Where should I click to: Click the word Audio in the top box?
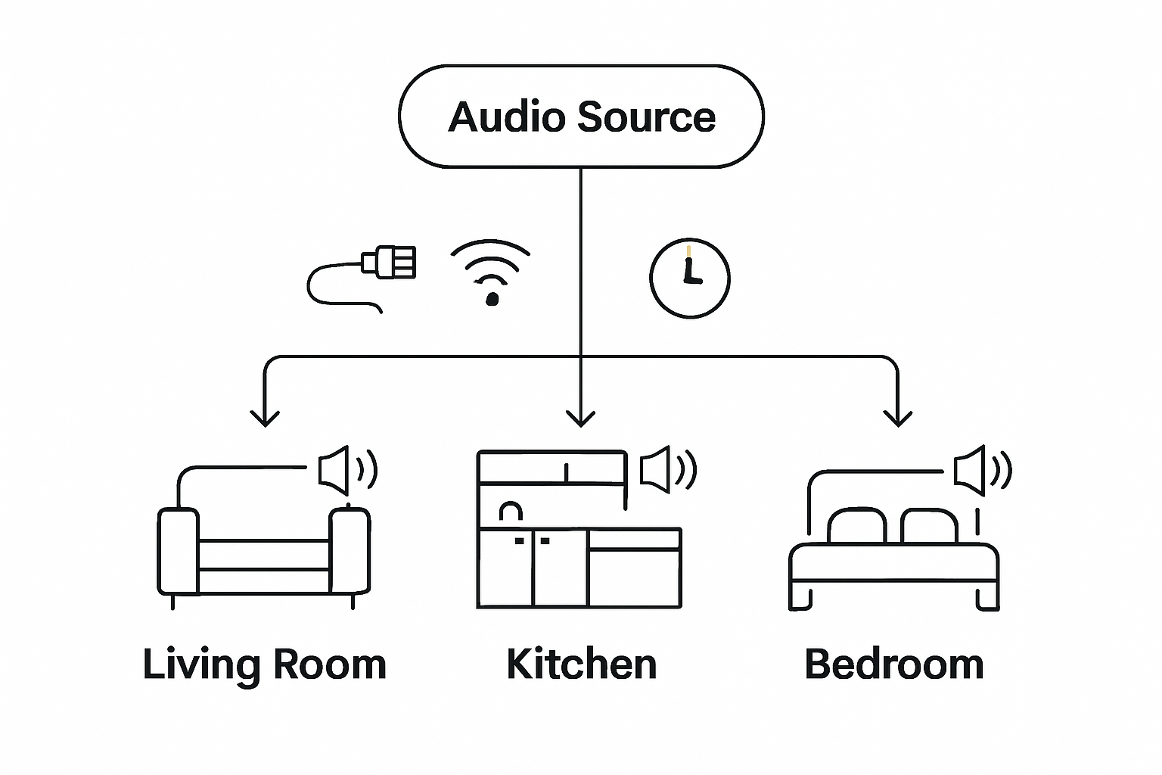(x=506, y=117)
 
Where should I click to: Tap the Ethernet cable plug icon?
(x=389, y=263)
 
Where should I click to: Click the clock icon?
(x=689, y=278)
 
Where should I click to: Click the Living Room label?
(x=265, y=665)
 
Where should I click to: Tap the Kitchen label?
(x=581, y=664)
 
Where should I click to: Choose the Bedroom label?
(x=894, y=664)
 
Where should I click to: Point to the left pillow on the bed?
(x=856, y=527)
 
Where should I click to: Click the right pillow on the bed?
(x=929, y=527)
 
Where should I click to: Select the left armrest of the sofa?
(x=178, y=551)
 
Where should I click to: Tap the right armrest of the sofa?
(x=350, y=551)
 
